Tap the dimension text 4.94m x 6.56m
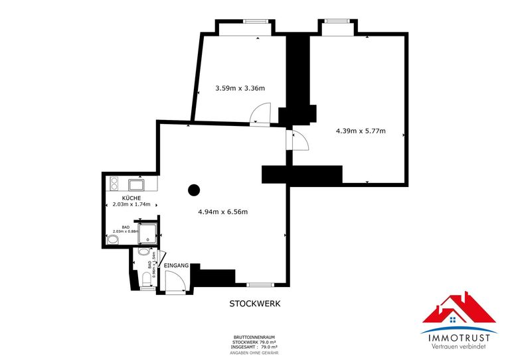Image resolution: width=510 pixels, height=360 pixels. coord(222,212)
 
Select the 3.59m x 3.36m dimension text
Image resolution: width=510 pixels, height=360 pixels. coord(240,88)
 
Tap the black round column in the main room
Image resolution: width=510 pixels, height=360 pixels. coord(194,190)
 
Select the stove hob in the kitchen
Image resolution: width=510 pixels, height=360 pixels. coord(114,184)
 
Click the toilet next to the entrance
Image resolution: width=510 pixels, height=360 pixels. coord(146,280)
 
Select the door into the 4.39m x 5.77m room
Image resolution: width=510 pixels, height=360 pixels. coord(296,140)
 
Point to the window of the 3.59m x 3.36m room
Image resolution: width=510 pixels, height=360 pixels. coord(254,21)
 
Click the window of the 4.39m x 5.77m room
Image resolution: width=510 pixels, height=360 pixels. coord(338,21)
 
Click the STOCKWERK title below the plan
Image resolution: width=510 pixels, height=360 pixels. coord(255,304)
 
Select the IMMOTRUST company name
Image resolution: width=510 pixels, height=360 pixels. coord(459,339)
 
